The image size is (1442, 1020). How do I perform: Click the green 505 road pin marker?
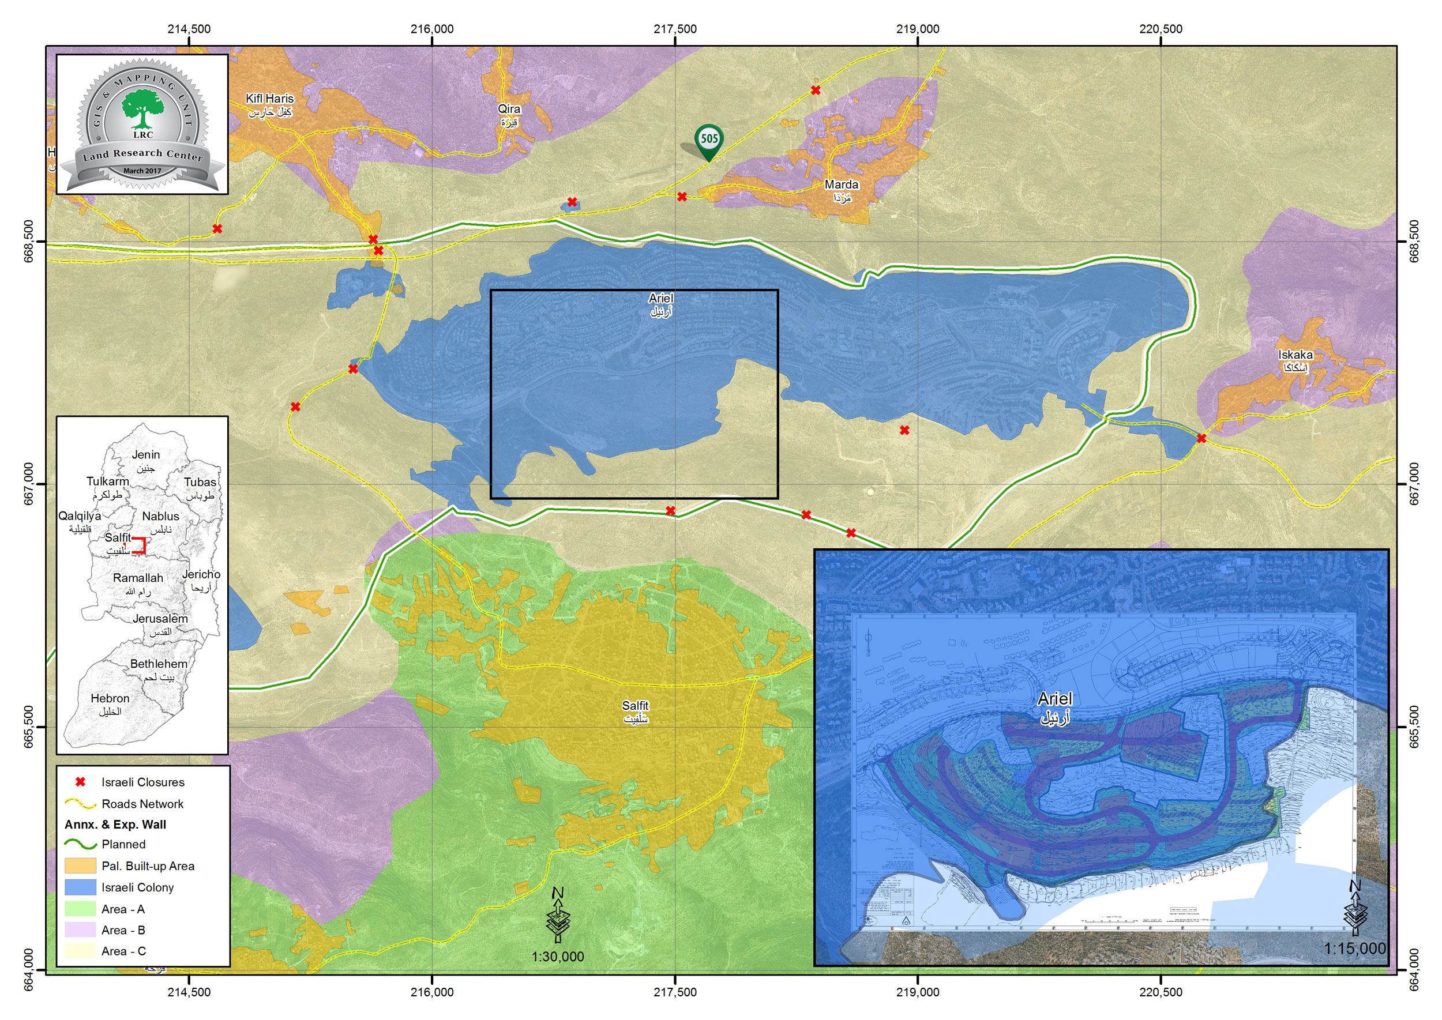[709, 140]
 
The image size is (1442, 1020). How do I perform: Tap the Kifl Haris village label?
[269, 104]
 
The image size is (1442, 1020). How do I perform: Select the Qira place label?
[509, 114]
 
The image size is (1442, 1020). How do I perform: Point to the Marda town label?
[842, 190]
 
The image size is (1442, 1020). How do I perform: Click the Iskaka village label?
[1295, 360]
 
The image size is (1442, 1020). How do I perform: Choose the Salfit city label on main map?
[635, 712]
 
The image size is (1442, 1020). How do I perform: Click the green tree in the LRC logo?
[142, 108]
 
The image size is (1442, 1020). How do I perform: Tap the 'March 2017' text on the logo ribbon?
[142, 171]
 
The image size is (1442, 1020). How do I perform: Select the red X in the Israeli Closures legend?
[80, 782]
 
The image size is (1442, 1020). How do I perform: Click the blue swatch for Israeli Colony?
[80, 887]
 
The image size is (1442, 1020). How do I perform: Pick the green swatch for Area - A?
[80, 909]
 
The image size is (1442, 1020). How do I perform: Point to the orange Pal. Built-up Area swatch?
[80, 865]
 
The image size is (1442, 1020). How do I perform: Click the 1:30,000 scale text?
[557, 957]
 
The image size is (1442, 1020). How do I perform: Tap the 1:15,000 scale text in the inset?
[1354, 949]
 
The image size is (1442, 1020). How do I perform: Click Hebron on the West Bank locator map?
[110, 704]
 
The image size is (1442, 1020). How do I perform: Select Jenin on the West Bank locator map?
[146, 460]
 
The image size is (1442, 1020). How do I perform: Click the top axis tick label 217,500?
[675, 29]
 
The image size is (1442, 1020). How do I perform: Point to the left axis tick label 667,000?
[29, 484]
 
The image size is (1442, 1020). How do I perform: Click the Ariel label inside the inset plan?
[1055, 706]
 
